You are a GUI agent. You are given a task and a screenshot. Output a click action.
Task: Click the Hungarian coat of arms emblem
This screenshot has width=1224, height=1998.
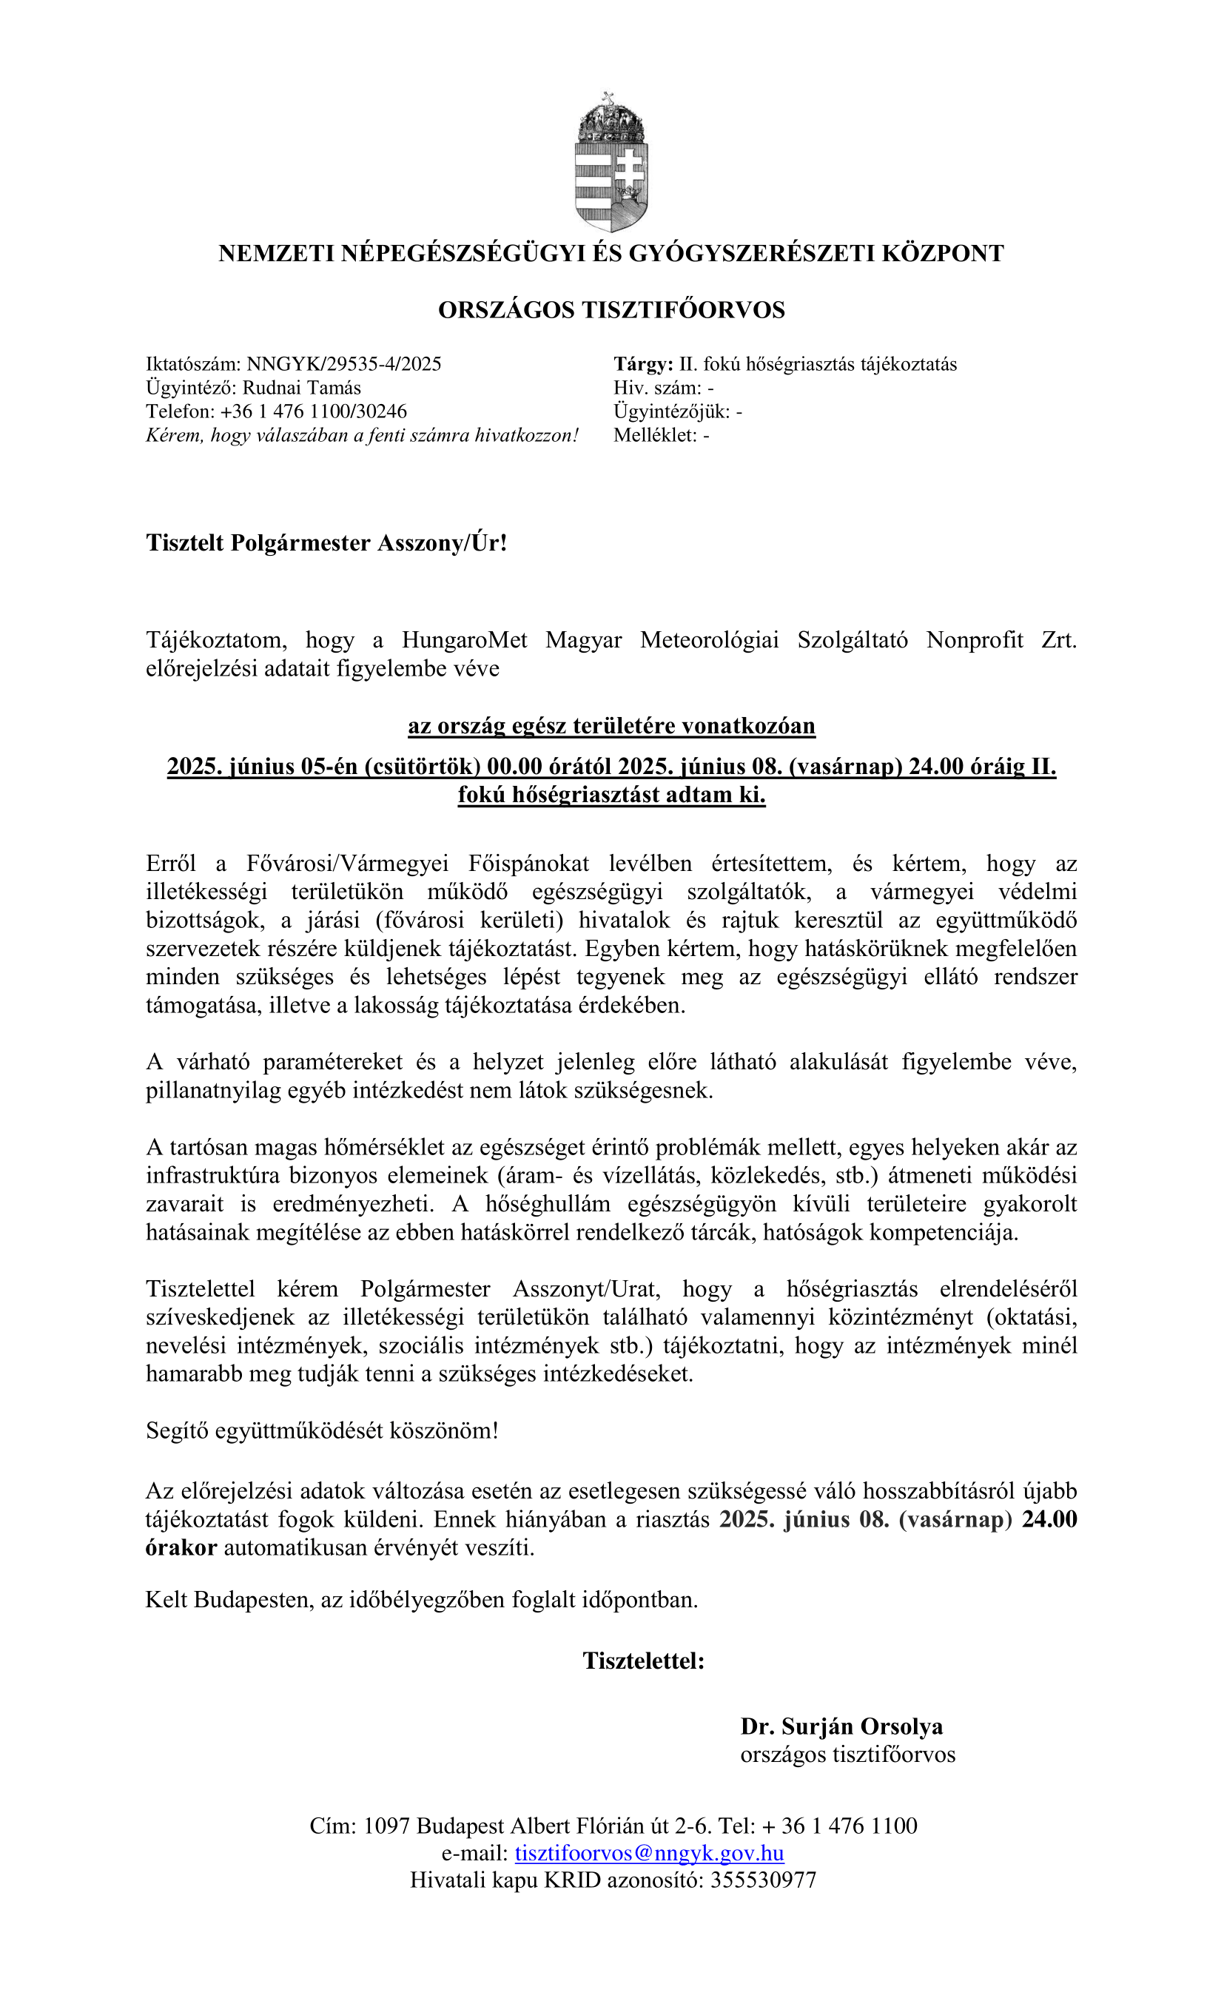click(611, 162)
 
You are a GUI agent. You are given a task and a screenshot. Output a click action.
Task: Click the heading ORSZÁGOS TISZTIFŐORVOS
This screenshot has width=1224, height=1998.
click(611, 310)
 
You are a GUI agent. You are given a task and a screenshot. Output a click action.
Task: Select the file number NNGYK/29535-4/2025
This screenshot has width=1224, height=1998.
click(344, 364)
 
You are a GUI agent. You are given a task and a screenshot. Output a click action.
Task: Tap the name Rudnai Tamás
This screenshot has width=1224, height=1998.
click(302, 388)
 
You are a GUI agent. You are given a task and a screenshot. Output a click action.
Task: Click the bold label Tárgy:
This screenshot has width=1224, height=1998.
click(643, 364)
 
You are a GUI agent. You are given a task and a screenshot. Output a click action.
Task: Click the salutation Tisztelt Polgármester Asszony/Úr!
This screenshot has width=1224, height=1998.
click(326, 542)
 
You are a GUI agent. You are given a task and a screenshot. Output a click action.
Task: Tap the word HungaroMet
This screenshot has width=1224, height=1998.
click(464, 641)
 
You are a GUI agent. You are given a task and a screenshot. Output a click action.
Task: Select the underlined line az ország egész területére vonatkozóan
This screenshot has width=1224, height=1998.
click(611, 726)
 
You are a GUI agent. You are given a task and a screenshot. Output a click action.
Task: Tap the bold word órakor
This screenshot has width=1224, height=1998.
click(181, 1548)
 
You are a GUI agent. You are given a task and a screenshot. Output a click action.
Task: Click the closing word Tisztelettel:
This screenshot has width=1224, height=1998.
click(643, 1661)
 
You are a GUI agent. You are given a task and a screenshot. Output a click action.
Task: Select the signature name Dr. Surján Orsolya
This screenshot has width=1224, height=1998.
click(841, 1727)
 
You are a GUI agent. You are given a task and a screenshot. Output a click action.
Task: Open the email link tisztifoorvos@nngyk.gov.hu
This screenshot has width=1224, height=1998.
click(649, 1853)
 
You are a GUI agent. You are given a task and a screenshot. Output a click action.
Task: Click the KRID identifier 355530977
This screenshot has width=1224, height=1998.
click(762, 1880)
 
